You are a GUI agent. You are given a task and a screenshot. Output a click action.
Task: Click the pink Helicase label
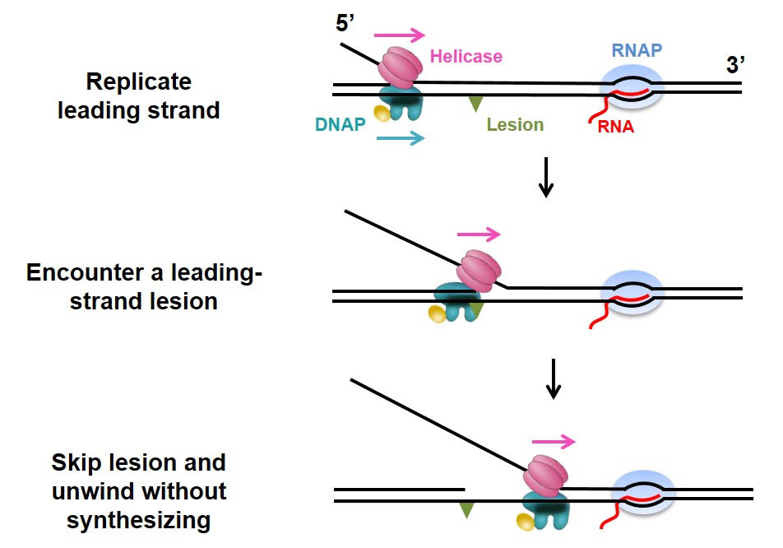466,57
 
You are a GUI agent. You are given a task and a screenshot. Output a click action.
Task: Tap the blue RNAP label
637,50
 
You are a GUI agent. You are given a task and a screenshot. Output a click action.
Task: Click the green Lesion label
515,125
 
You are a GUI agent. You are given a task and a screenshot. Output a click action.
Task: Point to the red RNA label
616,127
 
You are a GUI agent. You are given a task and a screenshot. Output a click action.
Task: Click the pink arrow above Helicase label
399,35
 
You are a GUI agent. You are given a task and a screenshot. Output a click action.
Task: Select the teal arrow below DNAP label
400,139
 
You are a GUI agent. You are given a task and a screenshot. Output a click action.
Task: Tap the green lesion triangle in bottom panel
467,510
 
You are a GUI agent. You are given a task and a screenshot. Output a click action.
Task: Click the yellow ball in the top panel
382,113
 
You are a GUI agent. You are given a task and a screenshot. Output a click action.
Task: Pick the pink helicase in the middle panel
479,272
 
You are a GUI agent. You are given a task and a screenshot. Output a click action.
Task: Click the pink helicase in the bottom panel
546,476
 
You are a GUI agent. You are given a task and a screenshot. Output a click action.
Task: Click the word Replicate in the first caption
138,82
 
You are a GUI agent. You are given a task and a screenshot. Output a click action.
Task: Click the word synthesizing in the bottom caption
138,520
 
